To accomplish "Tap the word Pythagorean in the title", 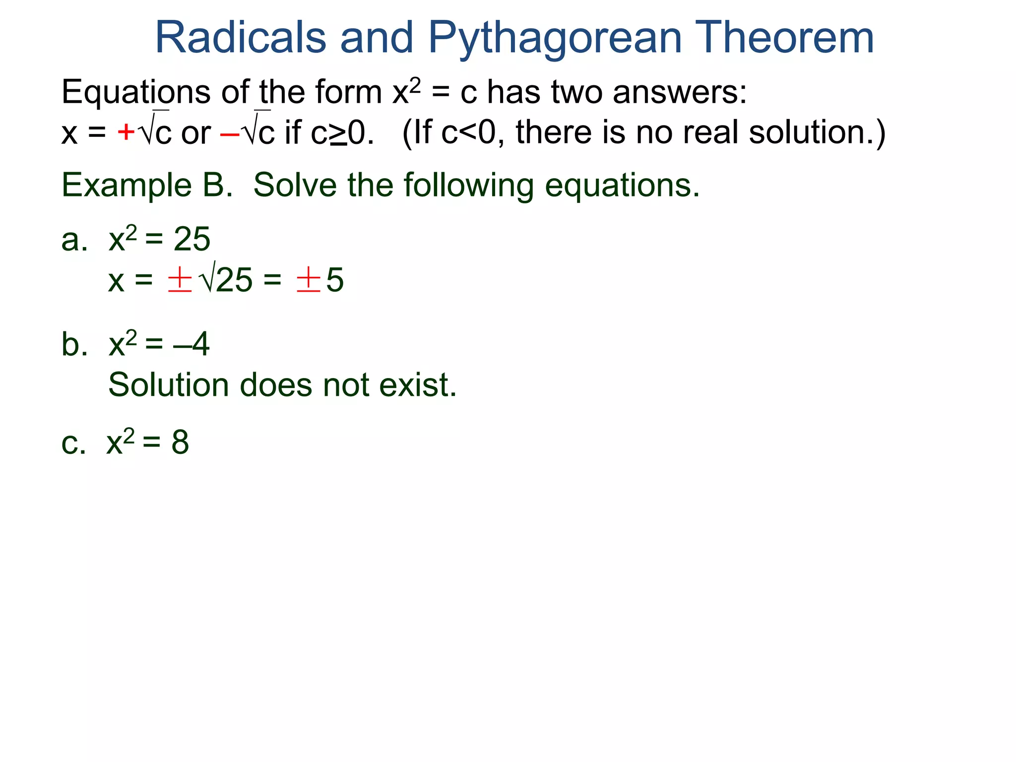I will (555, 39).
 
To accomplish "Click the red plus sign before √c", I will (126, 132).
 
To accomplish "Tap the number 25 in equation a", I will (191, 240).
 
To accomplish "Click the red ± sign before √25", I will (180, 279).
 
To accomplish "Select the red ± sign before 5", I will (308, 279).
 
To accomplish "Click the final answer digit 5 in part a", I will (335, 280).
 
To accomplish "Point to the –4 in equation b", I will (191, 344).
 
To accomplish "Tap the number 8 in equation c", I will (180, 442).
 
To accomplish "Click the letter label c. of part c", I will (73, 443).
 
